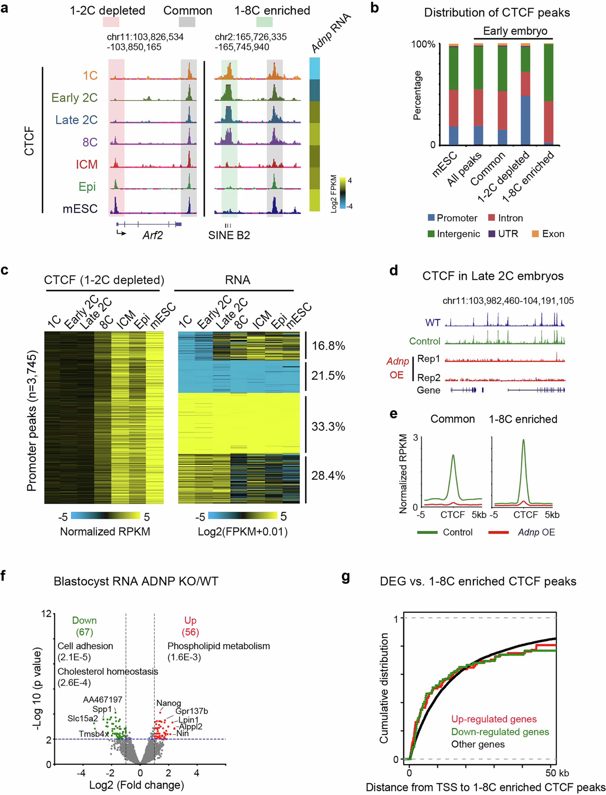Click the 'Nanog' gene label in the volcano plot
168,703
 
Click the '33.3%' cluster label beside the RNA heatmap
328,427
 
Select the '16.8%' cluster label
328,346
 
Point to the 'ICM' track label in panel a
87,164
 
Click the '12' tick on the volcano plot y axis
46,614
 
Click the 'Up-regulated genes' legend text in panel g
494,719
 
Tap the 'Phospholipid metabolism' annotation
219,646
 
